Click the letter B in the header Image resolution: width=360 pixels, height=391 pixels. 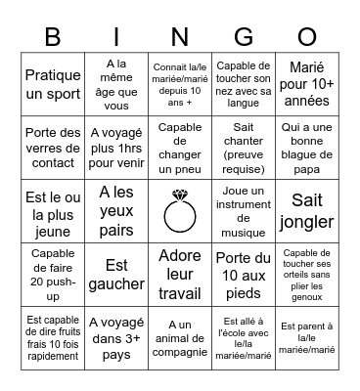54,38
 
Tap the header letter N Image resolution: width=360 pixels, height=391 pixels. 179,38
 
